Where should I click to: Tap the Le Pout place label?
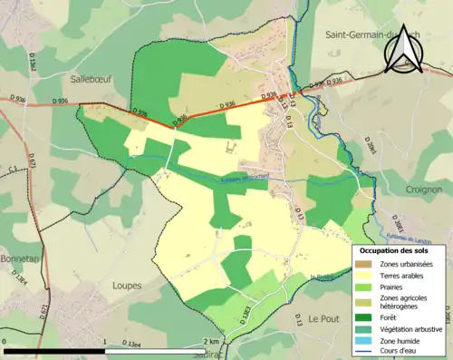pyautogui.click(x=322, y=319)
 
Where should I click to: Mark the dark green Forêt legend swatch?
pyautogui.click(x=364, y=317)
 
